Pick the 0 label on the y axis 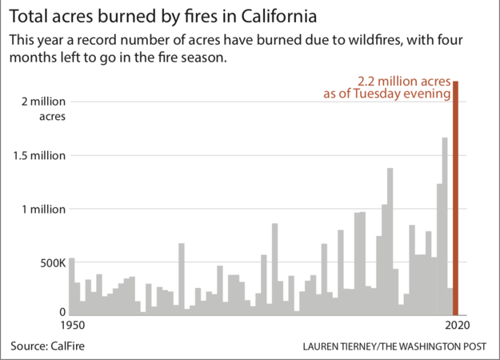[x=61, y=312]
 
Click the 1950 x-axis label [x=71, y=326]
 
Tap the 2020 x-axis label [x=456, y=326]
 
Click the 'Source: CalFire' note [x=48, y=346]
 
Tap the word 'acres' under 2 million [x=52, y=117]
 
